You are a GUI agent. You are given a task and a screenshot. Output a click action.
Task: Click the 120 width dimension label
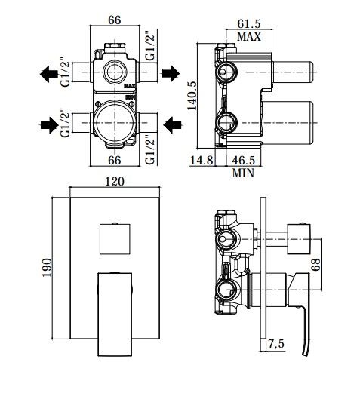pos(115,181)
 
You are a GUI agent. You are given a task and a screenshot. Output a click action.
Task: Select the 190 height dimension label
pos(47,267)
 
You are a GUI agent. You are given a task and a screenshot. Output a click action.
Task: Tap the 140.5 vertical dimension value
pos(192,95)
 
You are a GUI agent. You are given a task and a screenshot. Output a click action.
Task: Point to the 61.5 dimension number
pos(249,24)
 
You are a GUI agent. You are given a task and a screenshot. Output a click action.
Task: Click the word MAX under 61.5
pos(249,37)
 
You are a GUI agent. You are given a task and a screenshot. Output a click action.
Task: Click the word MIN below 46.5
pos(243,173)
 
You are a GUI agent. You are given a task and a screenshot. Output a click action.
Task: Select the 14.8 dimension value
pos(202,161)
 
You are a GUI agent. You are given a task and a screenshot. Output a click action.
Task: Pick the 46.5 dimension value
pos(243,161)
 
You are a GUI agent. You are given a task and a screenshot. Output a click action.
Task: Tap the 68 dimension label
pos(316,265)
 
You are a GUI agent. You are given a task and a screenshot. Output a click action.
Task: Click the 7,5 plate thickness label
pos(276,344)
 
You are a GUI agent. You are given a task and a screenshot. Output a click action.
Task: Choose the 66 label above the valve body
pos(115,20)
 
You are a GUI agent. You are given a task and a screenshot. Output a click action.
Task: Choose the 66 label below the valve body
pos(115,161)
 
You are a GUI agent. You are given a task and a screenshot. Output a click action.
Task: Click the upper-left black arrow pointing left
pos(49,74)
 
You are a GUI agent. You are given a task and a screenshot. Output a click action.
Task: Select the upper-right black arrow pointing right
pos(171,73)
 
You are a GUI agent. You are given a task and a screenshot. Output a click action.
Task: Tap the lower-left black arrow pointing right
pos(50,125)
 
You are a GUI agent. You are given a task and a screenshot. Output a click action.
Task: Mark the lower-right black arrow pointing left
pos(173,124)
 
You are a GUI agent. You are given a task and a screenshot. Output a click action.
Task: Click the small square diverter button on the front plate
pos(115,238)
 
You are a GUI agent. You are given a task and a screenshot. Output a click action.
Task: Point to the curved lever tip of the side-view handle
pos(305,354)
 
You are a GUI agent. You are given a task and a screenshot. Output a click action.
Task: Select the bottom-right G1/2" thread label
pos(150,150)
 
